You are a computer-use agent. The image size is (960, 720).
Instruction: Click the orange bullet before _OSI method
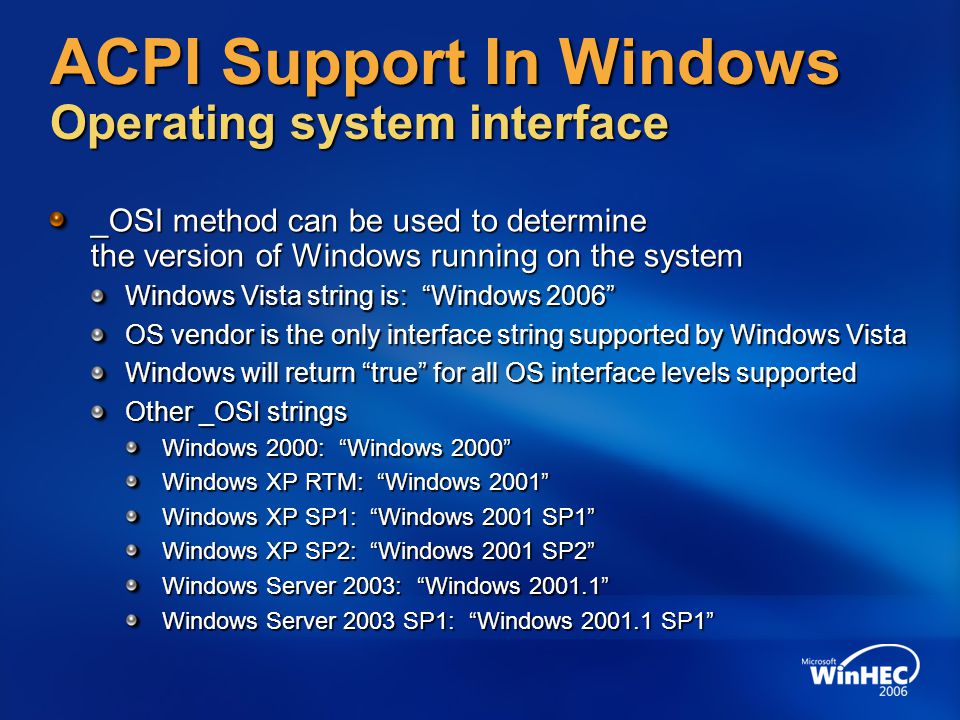pyautogui.click(x=58, y=219)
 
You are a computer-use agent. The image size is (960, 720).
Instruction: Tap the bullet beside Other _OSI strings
pyautogui.click(x=98, y=412)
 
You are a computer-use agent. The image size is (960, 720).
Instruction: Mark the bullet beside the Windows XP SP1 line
pyautogui.click(x=132, y=517)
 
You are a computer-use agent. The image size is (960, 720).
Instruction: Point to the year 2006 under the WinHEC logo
pyautogui.click(x=893, y=691)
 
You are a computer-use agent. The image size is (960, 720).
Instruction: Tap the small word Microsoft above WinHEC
pyautogui.click(x=819, y=661)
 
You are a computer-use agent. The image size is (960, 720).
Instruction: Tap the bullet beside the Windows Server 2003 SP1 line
pyautogui.click(x=132, y=620)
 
